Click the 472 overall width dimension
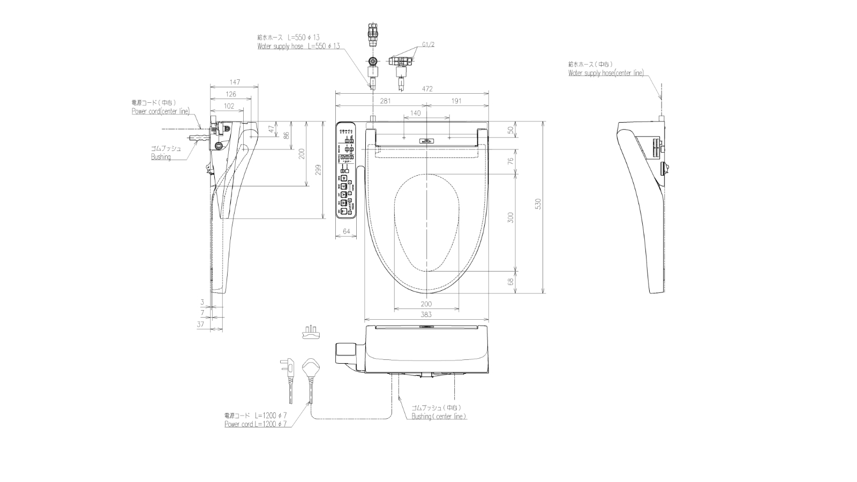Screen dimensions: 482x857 pyautogui.click(x=426, y=89)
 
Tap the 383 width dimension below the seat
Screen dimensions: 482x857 pyautogui.click(x=426, y=315)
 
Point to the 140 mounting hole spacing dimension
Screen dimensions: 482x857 pyautogui.click(x=415, y=113)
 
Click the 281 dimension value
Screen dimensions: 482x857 pyautogui.click(x=385, y=101)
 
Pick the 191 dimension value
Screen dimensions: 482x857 pyautogui.click(x=456, y=101)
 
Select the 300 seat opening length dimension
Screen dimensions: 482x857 pyautogui.click(x=510, y=217)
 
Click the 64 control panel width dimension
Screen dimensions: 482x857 pyautogui.click(x=347, y=231)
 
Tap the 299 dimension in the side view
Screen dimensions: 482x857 pyautogui.click(x=318, y=169)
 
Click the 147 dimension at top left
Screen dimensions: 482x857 pyautogui.click(x=234, y=82)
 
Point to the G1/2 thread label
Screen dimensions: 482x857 pyautogui.click(x=428, y=44)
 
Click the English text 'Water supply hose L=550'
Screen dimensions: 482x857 pyautogui.click(x=298, y=47)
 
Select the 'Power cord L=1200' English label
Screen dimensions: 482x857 pyautogui.click(x=255, y=424)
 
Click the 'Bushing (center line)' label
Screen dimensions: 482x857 pyautogui.click(x=439, y=417)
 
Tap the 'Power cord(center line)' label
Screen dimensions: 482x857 pyautogui.click(x=161, y=111)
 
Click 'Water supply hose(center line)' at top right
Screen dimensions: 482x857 pyautogui.click(x=606, y=73)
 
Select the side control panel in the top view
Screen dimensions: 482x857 pyautogui.click(x=346, y=170)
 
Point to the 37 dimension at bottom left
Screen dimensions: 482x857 pyautogui.click(x=201, y=325)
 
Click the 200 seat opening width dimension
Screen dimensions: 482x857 pyautogui.click(x=426, y=304)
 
